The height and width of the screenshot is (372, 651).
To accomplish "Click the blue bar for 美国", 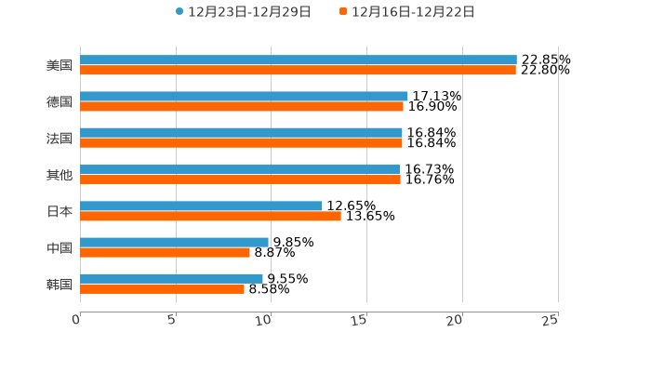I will point(298,60).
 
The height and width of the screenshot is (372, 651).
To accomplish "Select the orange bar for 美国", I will point(298,70).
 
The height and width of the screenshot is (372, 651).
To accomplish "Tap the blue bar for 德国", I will point(244,96).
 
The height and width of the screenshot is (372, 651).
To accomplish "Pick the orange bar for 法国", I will point(241,143).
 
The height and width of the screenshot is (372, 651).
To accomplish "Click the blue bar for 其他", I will point(240,169).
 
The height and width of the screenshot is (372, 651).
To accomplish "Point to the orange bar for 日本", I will point(210,216).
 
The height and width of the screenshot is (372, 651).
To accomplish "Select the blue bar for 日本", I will point(201,206).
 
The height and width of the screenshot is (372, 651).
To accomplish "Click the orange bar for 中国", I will point(165,252).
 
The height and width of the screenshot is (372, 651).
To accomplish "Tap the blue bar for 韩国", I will point(171,278).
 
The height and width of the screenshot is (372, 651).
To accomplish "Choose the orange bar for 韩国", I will point(162,288).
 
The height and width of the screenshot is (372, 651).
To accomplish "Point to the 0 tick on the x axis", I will point(76,320).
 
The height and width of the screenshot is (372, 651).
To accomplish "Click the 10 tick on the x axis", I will point(266,320).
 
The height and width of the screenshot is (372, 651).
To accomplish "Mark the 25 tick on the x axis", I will point(551,320).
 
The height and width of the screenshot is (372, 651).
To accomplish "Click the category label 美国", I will point(60,65).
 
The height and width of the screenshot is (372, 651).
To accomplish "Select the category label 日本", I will point(60,211).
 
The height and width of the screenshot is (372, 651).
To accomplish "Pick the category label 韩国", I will point(60,284).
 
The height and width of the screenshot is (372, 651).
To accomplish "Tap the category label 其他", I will point(60,175).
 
